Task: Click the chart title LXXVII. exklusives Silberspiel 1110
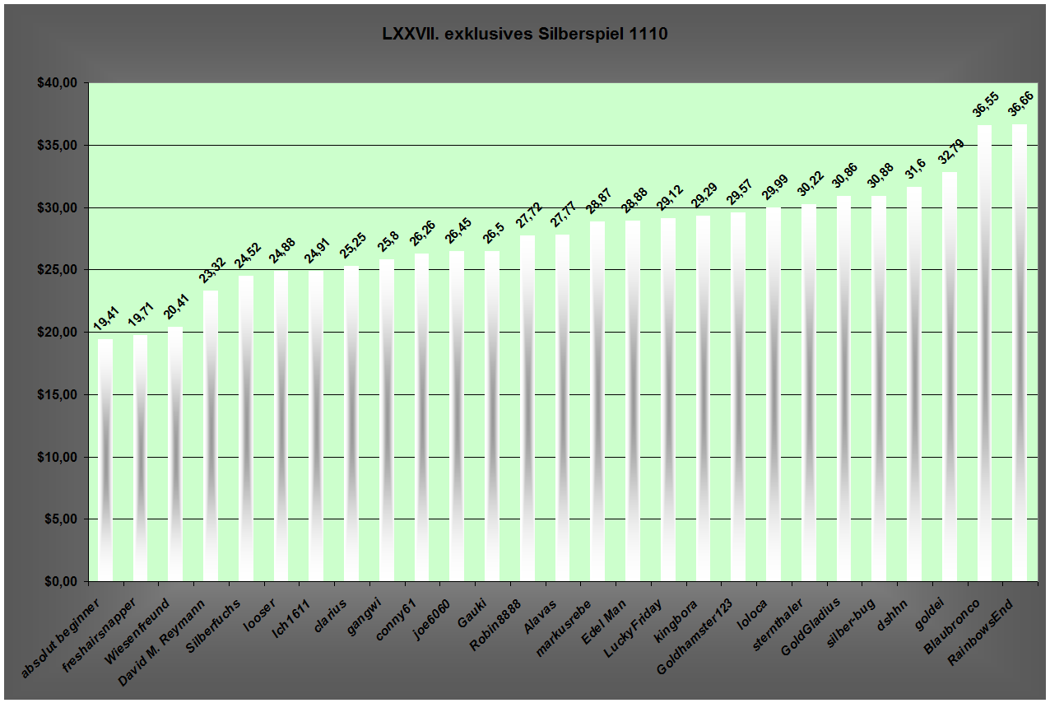tap(524, 35)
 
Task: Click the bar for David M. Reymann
tap(211, 435)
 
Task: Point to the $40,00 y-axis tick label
tap(57, 83)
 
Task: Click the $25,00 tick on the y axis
tap(57, 270)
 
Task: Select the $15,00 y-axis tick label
tap(57, 395)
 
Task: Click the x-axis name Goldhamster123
tap(694, 638)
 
